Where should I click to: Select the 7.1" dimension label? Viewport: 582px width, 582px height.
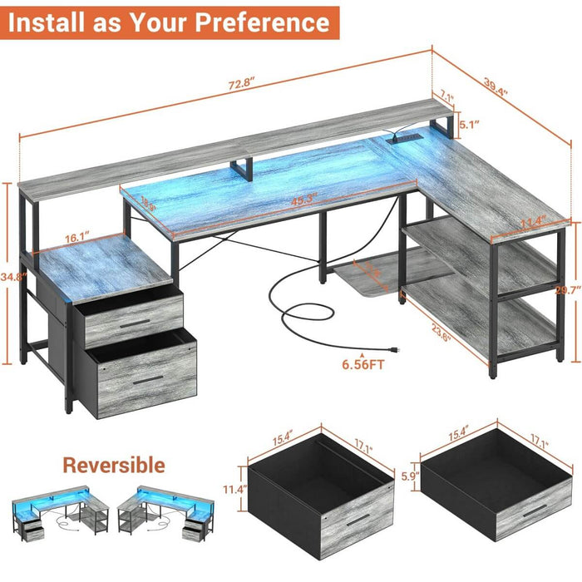point(446,98)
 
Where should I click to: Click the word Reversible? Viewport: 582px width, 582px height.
point(114,465)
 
